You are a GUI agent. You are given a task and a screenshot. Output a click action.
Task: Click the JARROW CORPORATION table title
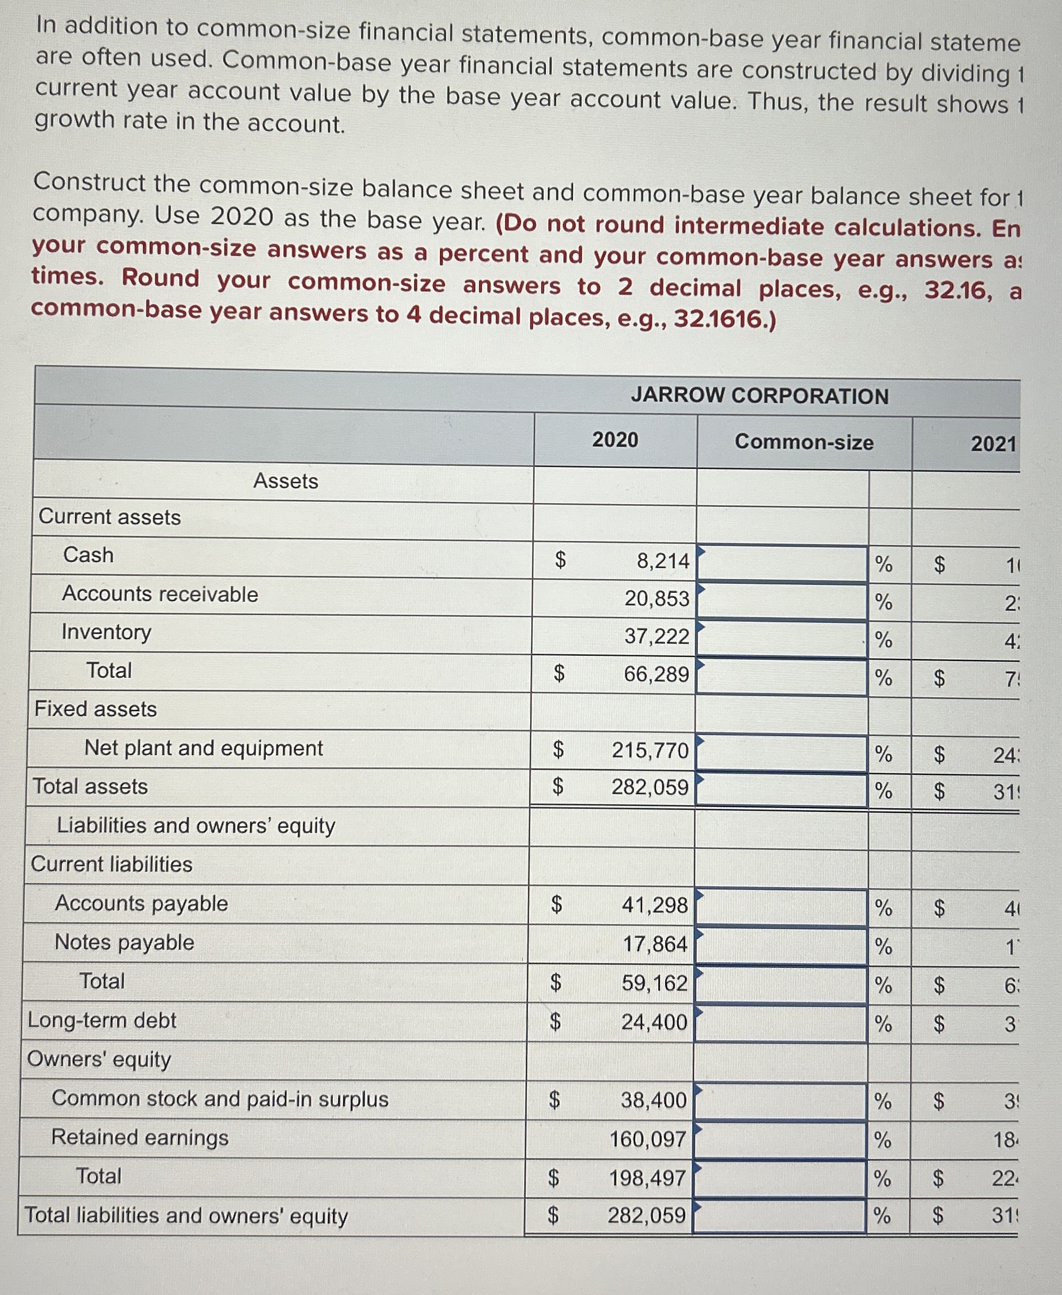pos(759,396)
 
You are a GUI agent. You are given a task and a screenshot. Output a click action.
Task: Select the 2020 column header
pos(615,439)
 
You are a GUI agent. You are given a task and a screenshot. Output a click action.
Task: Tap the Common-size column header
pos(804,442)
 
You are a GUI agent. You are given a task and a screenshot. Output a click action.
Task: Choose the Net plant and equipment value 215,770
pos(649,750)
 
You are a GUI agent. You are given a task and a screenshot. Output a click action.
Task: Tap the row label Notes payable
pos(124,942)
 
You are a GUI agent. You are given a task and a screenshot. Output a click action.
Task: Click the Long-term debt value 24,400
pos(654,1022)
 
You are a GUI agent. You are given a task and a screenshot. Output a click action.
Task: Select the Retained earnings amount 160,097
pos(648,1139)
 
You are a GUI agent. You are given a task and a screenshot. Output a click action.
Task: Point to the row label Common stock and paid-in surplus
pos(220,1099)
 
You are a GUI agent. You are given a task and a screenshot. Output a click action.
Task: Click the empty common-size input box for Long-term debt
pos(780,1023)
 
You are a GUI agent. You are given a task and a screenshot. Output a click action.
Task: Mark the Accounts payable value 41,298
pos(654,905)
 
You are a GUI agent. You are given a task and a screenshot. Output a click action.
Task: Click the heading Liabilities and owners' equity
pos(196,825)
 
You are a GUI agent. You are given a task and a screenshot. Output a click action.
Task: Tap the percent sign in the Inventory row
pos(882,640)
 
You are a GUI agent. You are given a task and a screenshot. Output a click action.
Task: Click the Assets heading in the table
pos(285,481)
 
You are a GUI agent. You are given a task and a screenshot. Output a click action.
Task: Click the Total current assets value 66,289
pos(656,674)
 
